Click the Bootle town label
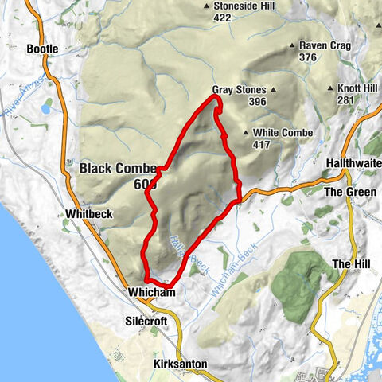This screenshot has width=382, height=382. pyautogui.click(x=43, y=49)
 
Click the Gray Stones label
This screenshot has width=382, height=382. pyautogui.click(x=238, y=91)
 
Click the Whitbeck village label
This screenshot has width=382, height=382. pyautogui.click(x=87, y=214)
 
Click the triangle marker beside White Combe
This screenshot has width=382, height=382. pyautogui.click(x=246, y=133)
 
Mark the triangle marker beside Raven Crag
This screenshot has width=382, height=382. pyautogui.click(x=293, y=46)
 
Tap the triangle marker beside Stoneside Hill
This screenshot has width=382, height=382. pyautogui.click(x=206, y=6)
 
